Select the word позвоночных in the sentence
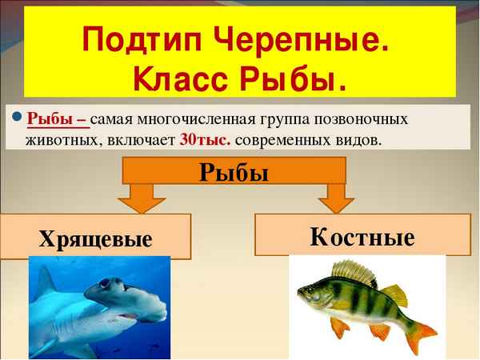pyautogui.click(x=366, y=119)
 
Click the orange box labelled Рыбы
pyautogui.click(x=234, y=171)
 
